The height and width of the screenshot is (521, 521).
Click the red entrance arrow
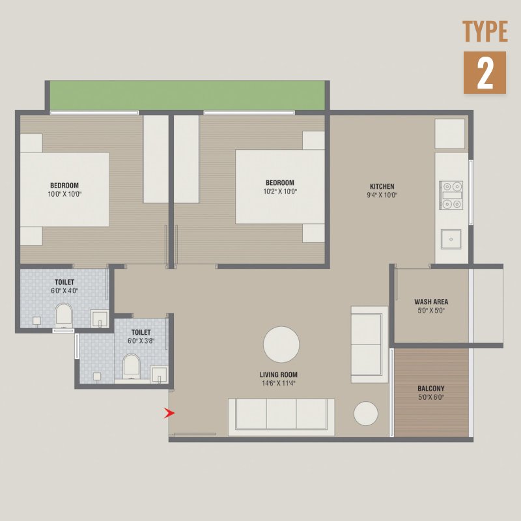pyautogui.click(x=169, y=413)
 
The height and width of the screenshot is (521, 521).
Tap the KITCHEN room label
pyautogui.click(x=382, y=186)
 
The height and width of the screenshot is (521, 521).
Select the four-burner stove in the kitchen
pyautogui.click(x=451, y=195)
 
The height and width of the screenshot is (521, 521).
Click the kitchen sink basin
pyautogui.click(x=451, y=239)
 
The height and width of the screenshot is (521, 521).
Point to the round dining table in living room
pyautogui.click(x=281, y=345)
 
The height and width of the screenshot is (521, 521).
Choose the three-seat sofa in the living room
pyautogui.click(x=281, y=417)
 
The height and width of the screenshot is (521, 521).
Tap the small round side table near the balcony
pyautogui.click(x=365, y=414)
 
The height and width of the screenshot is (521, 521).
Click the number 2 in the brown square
pyautogui.click(x=485, y=72)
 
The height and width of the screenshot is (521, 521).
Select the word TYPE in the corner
pyautogui.click(x=485, y=31)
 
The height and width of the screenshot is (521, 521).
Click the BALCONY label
pyautogui.click(x=431, y=388)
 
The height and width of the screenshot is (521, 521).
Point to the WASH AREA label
pyautogui.click(x=431, y=302)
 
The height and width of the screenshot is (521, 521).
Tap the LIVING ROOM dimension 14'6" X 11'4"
pyautogui.click(x=279, y=383)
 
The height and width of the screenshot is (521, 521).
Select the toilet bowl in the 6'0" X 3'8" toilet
pyautogui.click(x=132, y=367)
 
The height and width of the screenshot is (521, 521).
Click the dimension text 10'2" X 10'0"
pyautogui.click(x=280, y=191)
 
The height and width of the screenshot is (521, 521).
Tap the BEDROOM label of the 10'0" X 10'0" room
pyautogui.click(x=64, y=186)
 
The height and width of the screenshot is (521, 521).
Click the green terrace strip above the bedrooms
pyautogui.click(x=188, y=95)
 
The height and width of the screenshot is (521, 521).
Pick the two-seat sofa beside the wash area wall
pyautogui.click(x=369, y=345)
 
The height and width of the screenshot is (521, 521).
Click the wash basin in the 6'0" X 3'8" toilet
pyautogui.click(x=159, y=374)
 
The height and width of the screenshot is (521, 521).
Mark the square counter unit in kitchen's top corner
pyautogui.click(x=449, y=134)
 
